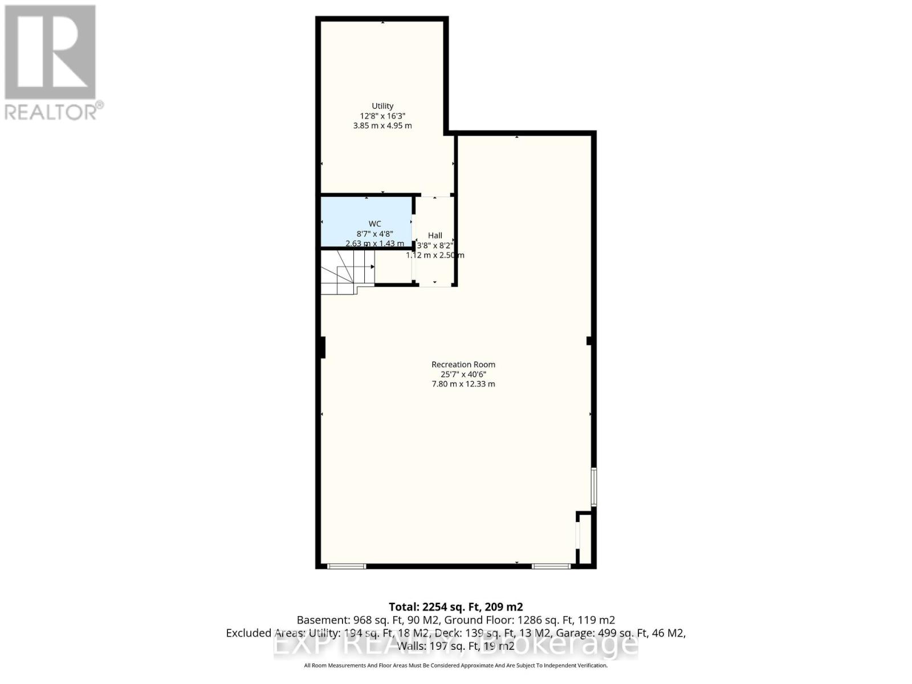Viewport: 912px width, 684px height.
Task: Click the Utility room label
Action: [x=382, y=106]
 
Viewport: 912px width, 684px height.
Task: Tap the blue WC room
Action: [x=367, y=222]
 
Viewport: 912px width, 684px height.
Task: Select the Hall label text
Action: [x=435, y=235]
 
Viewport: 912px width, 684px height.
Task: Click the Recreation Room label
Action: [x=463, y=365]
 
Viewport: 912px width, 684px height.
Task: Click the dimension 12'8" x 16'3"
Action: [x=382, y=116]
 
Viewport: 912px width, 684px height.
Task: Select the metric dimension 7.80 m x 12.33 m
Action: [x=463, y=384]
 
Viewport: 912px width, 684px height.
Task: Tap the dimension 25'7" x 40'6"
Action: [x=463, y=374]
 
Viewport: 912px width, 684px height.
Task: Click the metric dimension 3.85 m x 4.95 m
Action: [x=382, y=125]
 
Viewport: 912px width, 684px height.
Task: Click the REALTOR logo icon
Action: [x=50, y=52]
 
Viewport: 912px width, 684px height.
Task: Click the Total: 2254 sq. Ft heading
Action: [x=455, y=606]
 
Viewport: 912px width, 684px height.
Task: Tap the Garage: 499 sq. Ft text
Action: [x=620, y=633]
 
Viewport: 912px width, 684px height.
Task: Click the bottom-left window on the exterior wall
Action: [x=347, y=566]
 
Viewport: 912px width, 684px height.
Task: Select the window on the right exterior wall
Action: [x=593, y=487]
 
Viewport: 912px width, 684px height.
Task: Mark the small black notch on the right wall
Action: [x=589, y=341]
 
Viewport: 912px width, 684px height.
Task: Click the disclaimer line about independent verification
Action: [x=455, y=665]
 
